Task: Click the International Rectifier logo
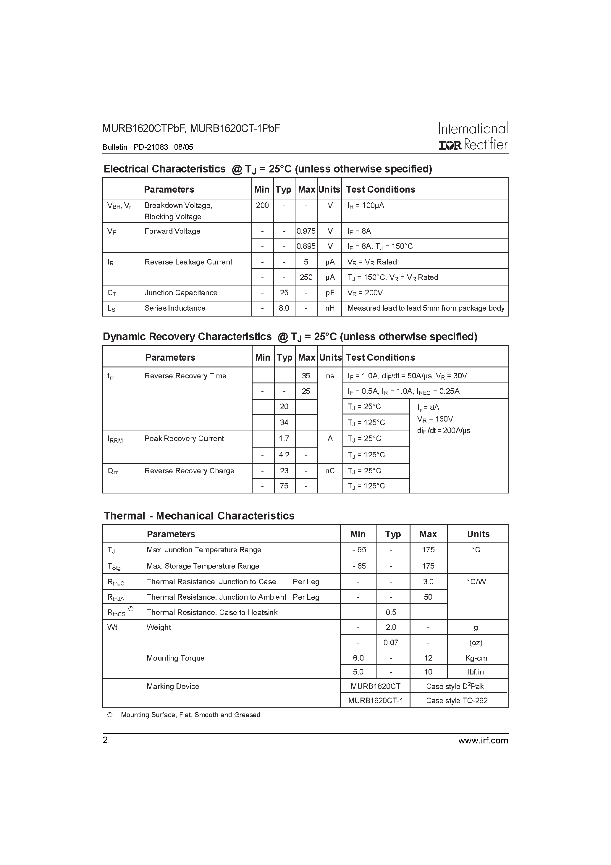[473, 136]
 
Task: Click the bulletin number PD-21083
[151, 147]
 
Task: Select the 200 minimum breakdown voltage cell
[262, 206]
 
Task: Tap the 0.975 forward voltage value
[306, 231]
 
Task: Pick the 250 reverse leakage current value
[306, 277]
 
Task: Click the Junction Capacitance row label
[181, 293]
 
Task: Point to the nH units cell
[330, 308]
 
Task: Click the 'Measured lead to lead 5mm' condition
[426, 308]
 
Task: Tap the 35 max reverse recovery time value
[306, 376]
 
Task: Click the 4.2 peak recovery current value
[284, 455]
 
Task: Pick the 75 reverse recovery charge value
[284, 486]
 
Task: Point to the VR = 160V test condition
[435, 419]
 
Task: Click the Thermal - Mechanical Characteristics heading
[199, 516]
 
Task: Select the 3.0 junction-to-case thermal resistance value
[428, 582]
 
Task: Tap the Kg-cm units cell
[476, 658]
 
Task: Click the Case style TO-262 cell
[457, 701]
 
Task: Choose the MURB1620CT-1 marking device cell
[375, 701]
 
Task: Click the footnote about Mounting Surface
[190, 715]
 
